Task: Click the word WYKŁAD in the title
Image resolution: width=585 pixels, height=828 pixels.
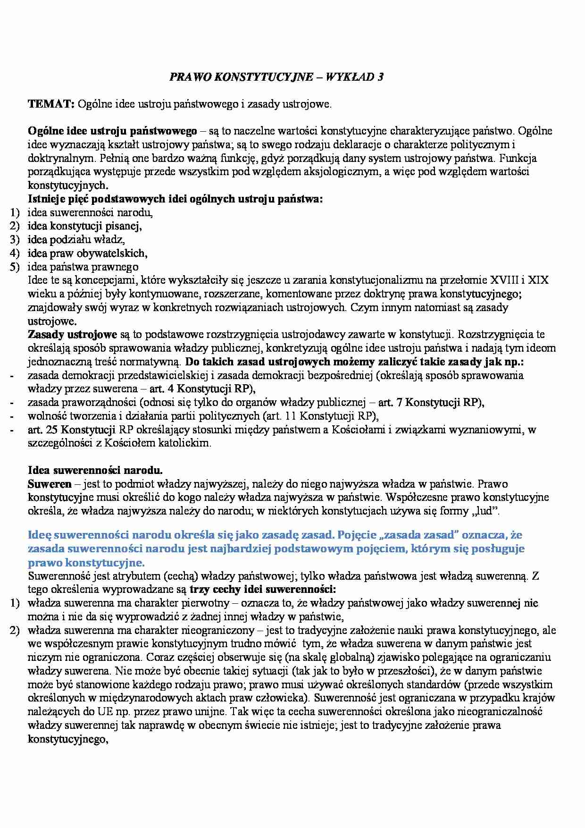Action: [x=348, y=77]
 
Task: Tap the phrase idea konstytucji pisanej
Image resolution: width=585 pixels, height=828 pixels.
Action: [x=84, y=226]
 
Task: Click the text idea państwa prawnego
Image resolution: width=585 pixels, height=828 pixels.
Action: [x=83, y=267]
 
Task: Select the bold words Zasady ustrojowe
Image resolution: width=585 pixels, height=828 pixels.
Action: [x=72, y=335]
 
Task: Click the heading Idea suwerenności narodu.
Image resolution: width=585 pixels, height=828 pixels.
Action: [x=95, y=471]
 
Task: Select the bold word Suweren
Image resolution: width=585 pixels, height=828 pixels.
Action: [x=50, y=484]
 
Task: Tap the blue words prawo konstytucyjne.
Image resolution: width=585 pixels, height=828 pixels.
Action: [x=86, y=563]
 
